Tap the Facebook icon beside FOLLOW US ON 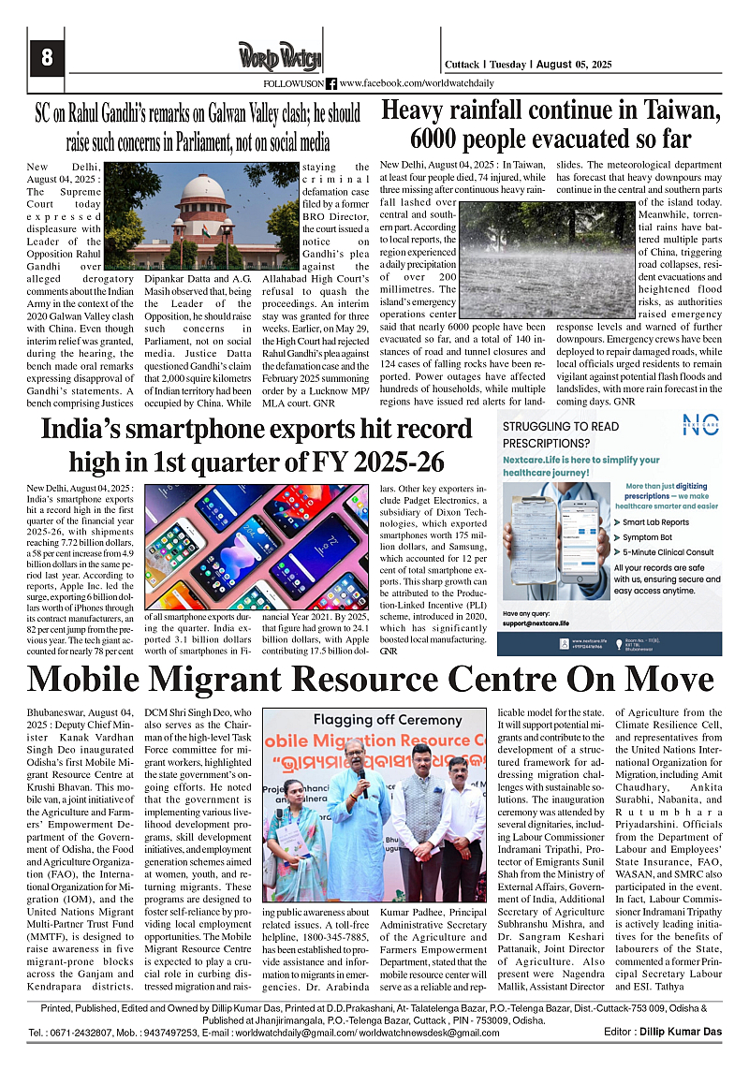pyautogui.click(x=330, y=83)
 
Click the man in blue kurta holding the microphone pyautogui.click(x=357, y=824)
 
